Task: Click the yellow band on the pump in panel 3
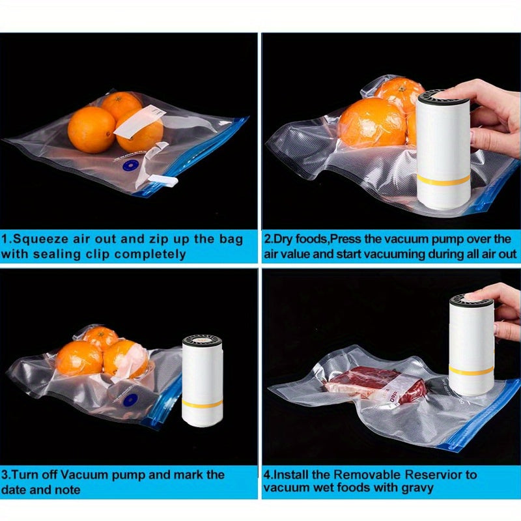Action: [202, 402]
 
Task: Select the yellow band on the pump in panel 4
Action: [472, 371]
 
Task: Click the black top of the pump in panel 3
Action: [202, 341]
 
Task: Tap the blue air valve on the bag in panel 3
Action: [130, 399]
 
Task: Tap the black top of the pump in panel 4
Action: [471, 300]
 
